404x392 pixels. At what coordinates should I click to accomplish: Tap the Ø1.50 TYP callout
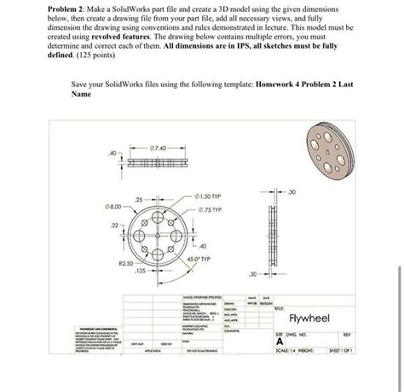coord(208,196)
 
